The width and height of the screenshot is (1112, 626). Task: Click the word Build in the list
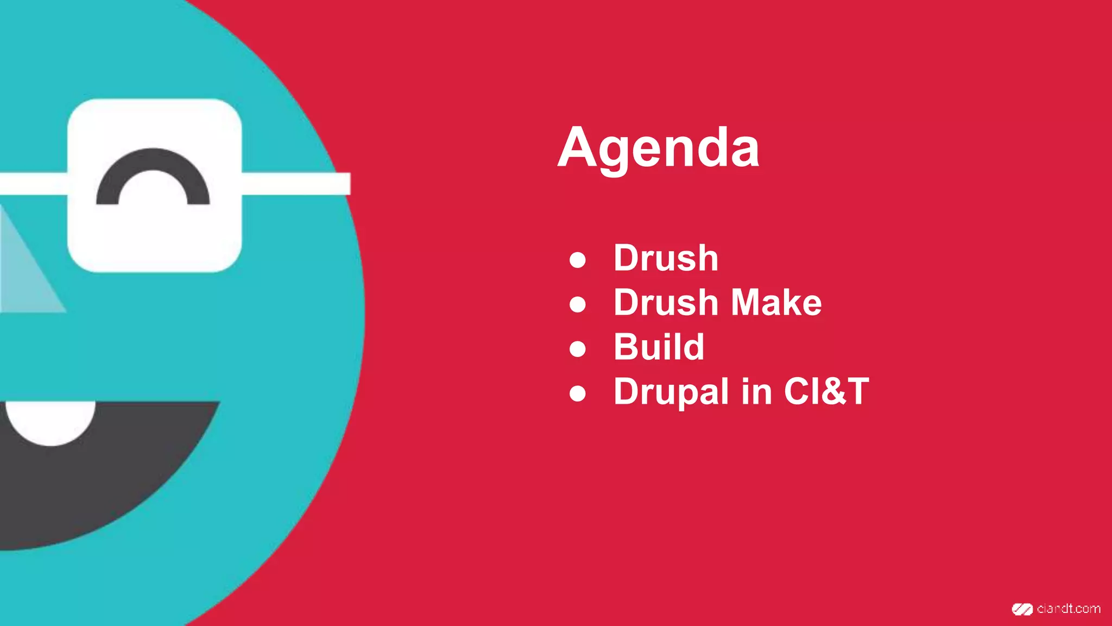659,347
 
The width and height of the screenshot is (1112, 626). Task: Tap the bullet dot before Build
578,349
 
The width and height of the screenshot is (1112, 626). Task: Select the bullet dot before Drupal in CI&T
578,393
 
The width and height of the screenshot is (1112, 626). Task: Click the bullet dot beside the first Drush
578,260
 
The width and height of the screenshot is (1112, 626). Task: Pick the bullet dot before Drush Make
578,304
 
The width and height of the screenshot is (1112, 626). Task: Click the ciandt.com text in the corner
1068,609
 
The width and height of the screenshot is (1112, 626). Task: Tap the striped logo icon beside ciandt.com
1022,609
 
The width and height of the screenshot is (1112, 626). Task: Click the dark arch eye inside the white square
153,171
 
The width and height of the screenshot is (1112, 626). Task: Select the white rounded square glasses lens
155,239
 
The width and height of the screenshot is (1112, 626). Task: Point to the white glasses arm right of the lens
296,184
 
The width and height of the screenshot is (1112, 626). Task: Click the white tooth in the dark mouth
50,421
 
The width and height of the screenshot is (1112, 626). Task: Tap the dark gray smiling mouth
109,478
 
